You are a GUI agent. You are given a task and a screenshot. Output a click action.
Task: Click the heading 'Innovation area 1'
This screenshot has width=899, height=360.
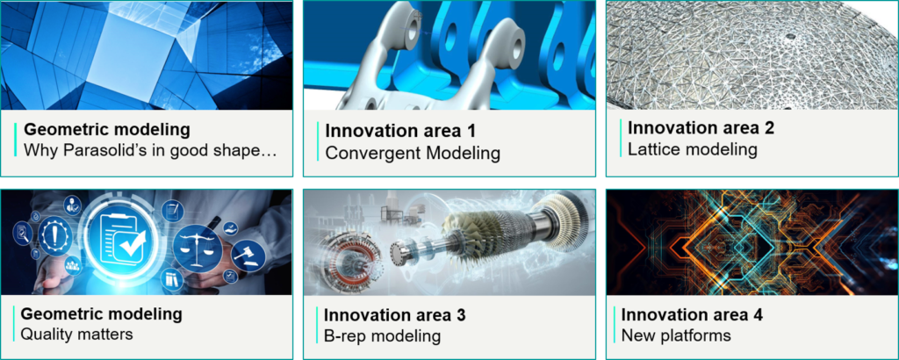(x=400, y=131)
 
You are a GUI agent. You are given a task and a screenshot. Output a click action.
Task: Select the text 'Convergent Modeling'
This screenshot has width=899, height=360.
(x=413, y=154)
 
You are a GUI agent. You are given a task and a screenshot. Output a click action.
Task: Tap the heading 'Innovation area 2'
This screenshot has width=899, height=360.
(x=701, y=127)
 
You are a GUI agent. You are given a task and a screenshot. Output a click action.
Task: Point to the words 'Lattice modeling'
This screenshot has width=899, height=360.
(x=693, y=149)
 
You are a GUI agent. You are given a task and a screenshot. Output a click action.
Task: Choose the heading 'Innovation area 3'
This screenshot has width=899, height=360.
(x=394, y=314)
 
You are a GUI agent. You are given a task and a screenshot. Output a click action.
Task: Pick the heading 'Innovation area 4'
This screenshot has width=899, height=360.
(x=692, y=314)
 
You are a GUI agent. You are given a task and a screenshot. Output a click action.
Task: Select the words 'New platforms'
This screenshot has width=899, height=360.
(x=676, y=335)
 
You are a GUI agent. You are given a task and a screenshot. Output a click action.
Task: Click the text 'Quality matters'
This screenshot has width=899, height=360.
(x=76, y=334)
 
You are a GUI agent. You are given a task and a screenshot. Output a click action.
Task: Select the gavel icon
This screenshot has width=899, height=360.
(x=249, y=255)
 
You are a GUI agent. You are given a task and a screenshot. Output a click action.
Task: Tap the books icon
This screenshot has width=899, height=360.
(x=173, y=278)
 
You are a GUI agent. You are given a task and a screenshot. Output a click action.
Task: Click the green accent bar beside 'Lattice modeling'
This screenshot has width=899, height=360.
(x=621, y=138)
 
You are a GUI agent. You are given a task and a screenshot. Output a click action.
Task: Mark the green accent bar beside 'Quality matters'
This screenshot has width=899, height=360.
(x=14, y=324)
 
